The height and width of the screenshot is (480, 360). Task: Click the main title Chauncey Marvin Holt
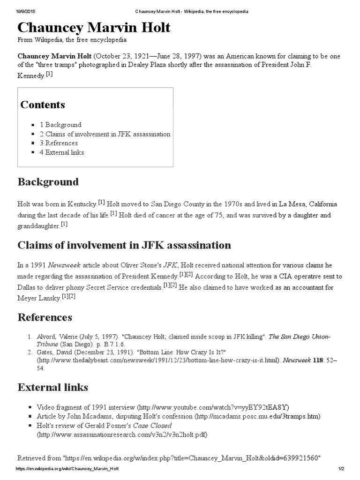pyautogui.click(x=94, y=28)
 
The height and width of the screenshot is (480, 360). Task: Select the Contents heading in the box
pyautogui.click(x=43, y=105)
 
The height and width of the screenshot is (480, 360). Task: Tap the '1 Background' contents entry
pyautogui.click(x=60, y=125)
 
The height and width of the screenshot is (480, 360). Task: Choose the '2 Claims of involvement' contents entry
pyautogui.click(x=105, y=134)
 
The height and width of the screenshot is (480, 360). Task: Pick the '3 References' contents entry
pyautogui.click(x=59, y=143)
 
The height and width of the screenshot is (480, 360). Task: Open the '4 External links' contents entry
pyautogui.click(x=62, y=152)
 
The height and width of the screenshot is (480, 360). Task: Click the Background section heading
pyautogui.click(x=48, y=182)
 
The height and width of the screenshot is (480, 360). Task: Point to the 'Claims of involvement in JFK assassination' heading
pyautogui.click(x=124, y=245)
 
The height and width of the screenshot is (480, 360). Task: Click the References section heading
pyautogui.click(x=45, y=317)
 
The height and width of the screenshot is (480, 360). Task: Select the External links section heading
pyautogui.click(x=52, y=388)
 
